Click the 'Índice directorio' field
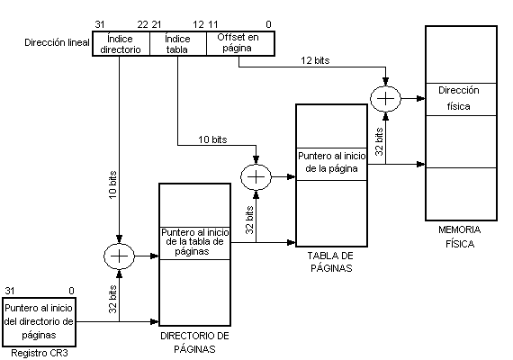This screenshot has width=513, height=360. [x=121, y=44]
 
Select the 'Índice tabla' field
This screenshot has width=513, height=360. [x=178, y=44]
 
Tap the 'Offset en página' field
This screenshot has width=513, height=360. [x=240, y=44]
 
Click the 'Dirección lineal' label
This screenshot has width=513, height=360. [x=57, y=42]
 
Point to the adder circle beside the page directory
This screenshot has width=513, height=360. [x=119, y=256]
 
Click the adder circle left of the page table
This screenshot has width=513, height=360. [x=256, y=177]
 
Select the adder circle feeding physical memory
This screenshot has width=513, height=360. [x=385, y=98]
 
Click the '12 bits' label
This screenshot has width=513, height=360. [x=315, y=60]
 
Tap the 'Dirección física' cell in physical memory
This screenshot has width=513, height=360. [x=461, y=99]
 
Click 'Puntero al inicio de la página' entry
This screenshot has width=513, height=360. [x=331, y=164]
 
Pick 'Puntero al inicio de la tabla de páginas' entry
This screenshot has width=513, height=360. [x=194, y=243]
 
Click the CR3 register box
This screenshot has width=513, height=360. [x=39, y=322]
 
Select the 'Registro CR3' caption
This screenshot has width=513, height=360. [x=40, y=354]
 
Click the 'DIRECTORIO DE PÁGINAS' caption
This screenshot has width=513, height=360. [x=194, y=343]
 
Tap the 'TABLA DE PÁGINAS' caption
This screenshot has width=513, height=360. [x=331, y=262]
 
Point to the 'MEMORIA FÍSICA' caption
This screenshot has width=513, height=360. [x=460, y=237]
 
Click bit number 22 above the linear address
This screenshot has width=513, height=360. [x=142, y=24]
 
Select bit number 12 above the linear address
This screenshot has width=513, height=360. [x=199, y=24]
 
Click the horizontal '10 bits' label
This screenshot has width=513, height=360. [x=212, y=139]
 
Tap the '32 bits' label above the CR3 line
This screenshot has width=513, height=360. [x=112, y=299]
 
